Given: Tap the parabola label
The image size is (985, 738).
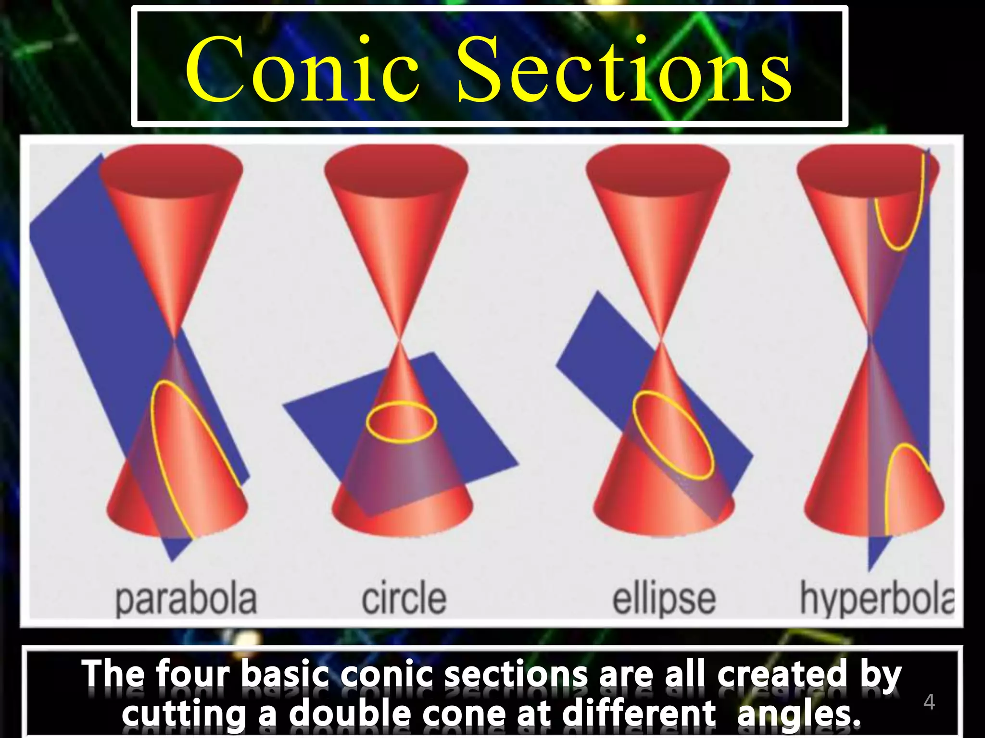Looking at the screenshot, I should tap(186, 600).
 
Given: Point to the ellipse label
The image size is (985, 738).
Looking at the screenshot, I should tap(664, 600).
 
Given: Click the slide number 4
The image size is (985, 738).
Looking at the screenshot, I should tap(929, 702).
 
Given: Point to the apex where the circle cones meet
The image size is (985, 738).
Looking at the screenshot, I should tap(399, 340).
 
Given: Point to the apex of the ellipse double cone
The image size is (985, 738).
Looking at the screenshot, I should tap(661, 340).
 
